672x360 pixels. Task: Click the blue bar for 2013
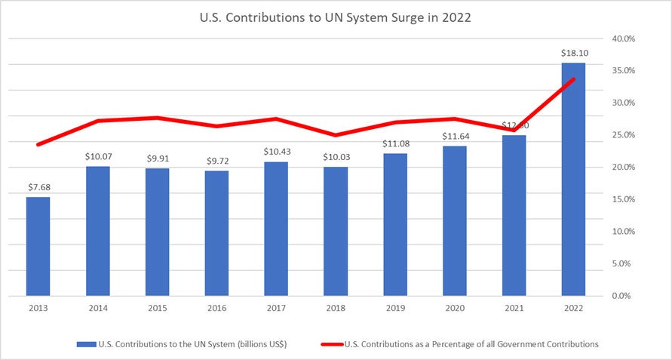[38, 246]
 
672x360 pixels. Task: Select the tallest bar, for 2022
[573, 179]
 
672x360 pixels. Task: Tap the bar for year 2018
[336, 231]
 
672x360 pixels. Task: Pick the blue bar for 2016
[216, 232]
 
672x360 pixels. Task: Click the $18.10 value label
[573, 53]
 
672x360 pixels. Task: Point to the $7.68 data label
[38, 187]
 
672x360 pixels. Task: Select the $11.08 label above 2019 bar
[394, 143]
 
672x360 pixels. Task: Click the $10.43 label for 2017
[276, 152]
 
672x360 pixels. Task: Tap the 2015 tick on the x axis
[157, 308]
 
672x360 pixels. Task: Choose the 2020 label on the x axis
[454, 308]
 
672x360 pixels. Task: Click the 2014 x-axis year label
[97, 308]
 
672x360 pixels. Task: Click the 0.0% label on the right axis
[624, 296]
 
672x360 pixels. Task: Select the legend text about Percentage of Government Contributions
[471, 344]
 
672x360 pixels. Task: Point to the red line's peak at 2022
[573, 79]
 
